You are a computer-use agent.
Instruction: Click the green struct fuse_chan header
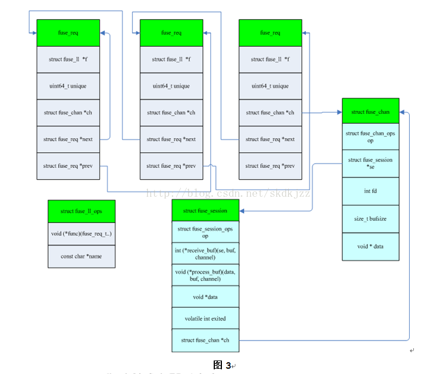coord(370,112)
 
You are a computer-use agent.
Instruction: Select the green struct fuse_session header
coord(205,211)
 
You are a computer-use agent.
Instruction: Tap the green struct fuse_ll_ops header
coord(82,211)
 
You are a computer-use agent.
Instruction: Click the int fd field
coord(370,191)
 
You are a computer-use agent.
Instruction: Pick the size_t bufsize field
coord(370,219)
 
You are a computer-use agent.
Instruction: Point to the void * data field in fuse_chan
coord(370,247)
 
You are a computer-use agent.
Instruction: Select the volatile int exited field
coord(205,318)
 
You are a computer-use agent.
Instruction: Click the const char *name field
coord(82,257)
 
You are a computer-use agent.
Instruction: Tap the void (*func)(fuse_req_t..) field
coord(82,234)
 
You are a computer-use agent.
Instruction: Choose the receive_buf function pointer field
coord(205,254)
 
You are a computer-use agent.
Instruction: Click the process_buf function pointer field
coord(205,275)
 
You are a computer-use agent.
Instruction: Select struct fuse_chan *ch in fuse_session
coord(205,341)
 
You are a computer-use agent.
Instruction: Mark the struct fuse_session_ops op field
coord(205,233)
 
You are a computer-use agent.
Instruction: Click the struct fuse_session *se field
coord(370,164)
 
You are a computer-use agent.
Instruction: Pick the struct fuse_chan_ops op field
coord(370,137)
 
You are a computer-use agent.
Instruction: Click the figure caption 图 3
coord(222,365)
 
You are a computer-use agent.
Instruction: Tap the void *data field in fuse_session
coord(205,297)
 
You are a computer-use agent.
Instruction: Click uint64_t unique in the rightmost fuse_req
coord(270,86)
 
